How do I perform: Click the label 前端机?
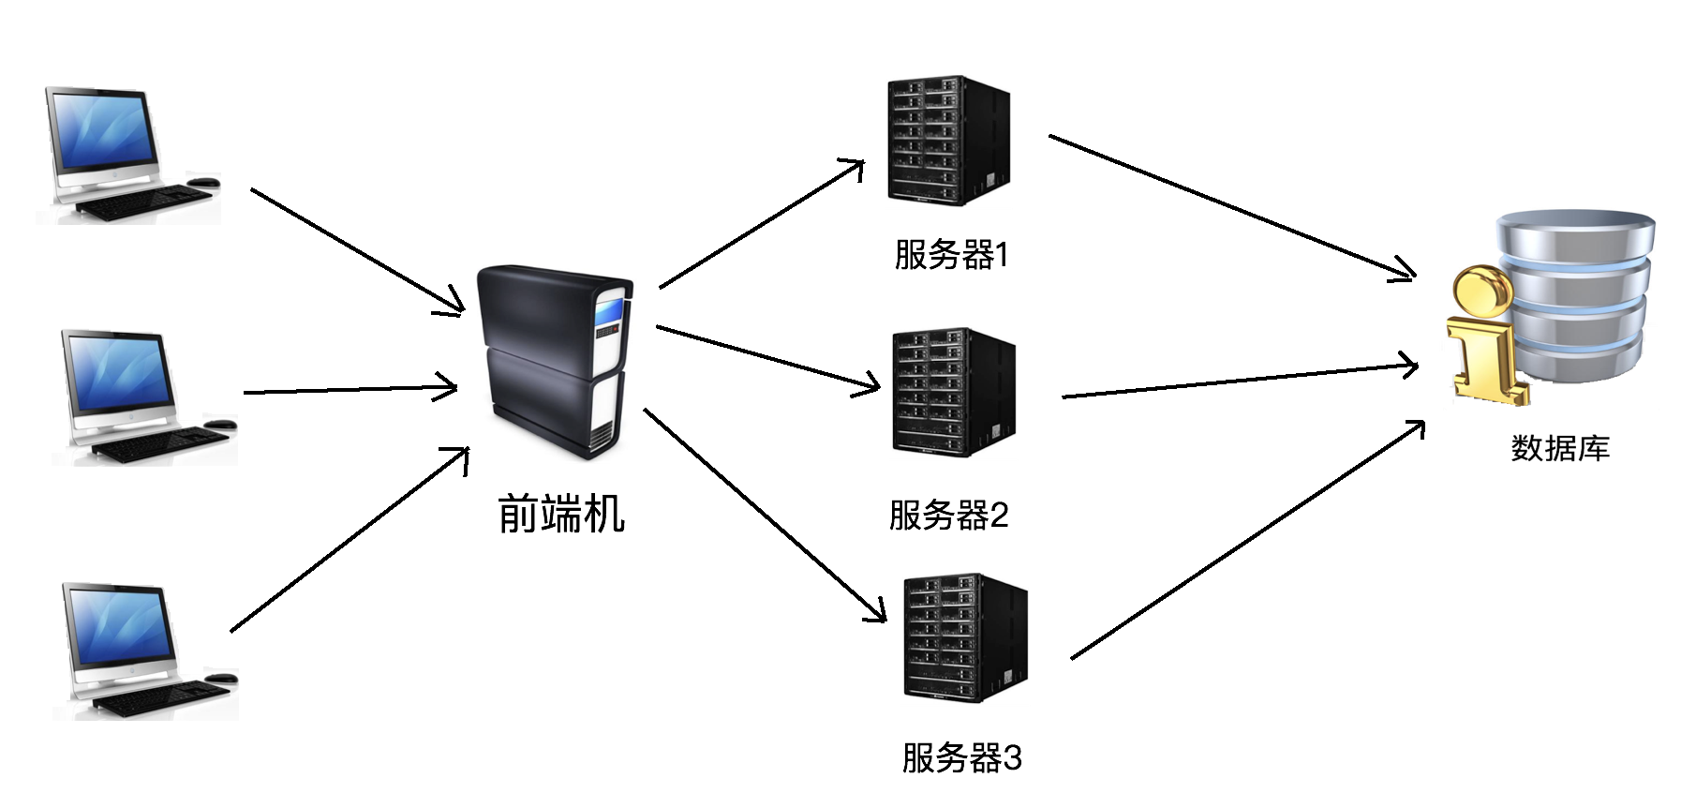560,514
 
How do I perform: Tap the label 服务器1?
951,255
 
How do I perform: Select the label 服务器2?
948,516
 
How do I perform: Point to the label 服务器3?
961,757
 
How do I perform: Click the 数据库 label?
1560,448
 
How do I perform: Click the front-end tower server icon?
553,361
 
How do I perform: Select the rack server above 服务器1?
947,141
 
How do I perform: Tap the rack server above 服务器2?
953,392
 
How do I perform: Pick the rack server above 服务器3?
964,637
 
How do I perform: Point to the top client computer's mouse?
203,182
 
